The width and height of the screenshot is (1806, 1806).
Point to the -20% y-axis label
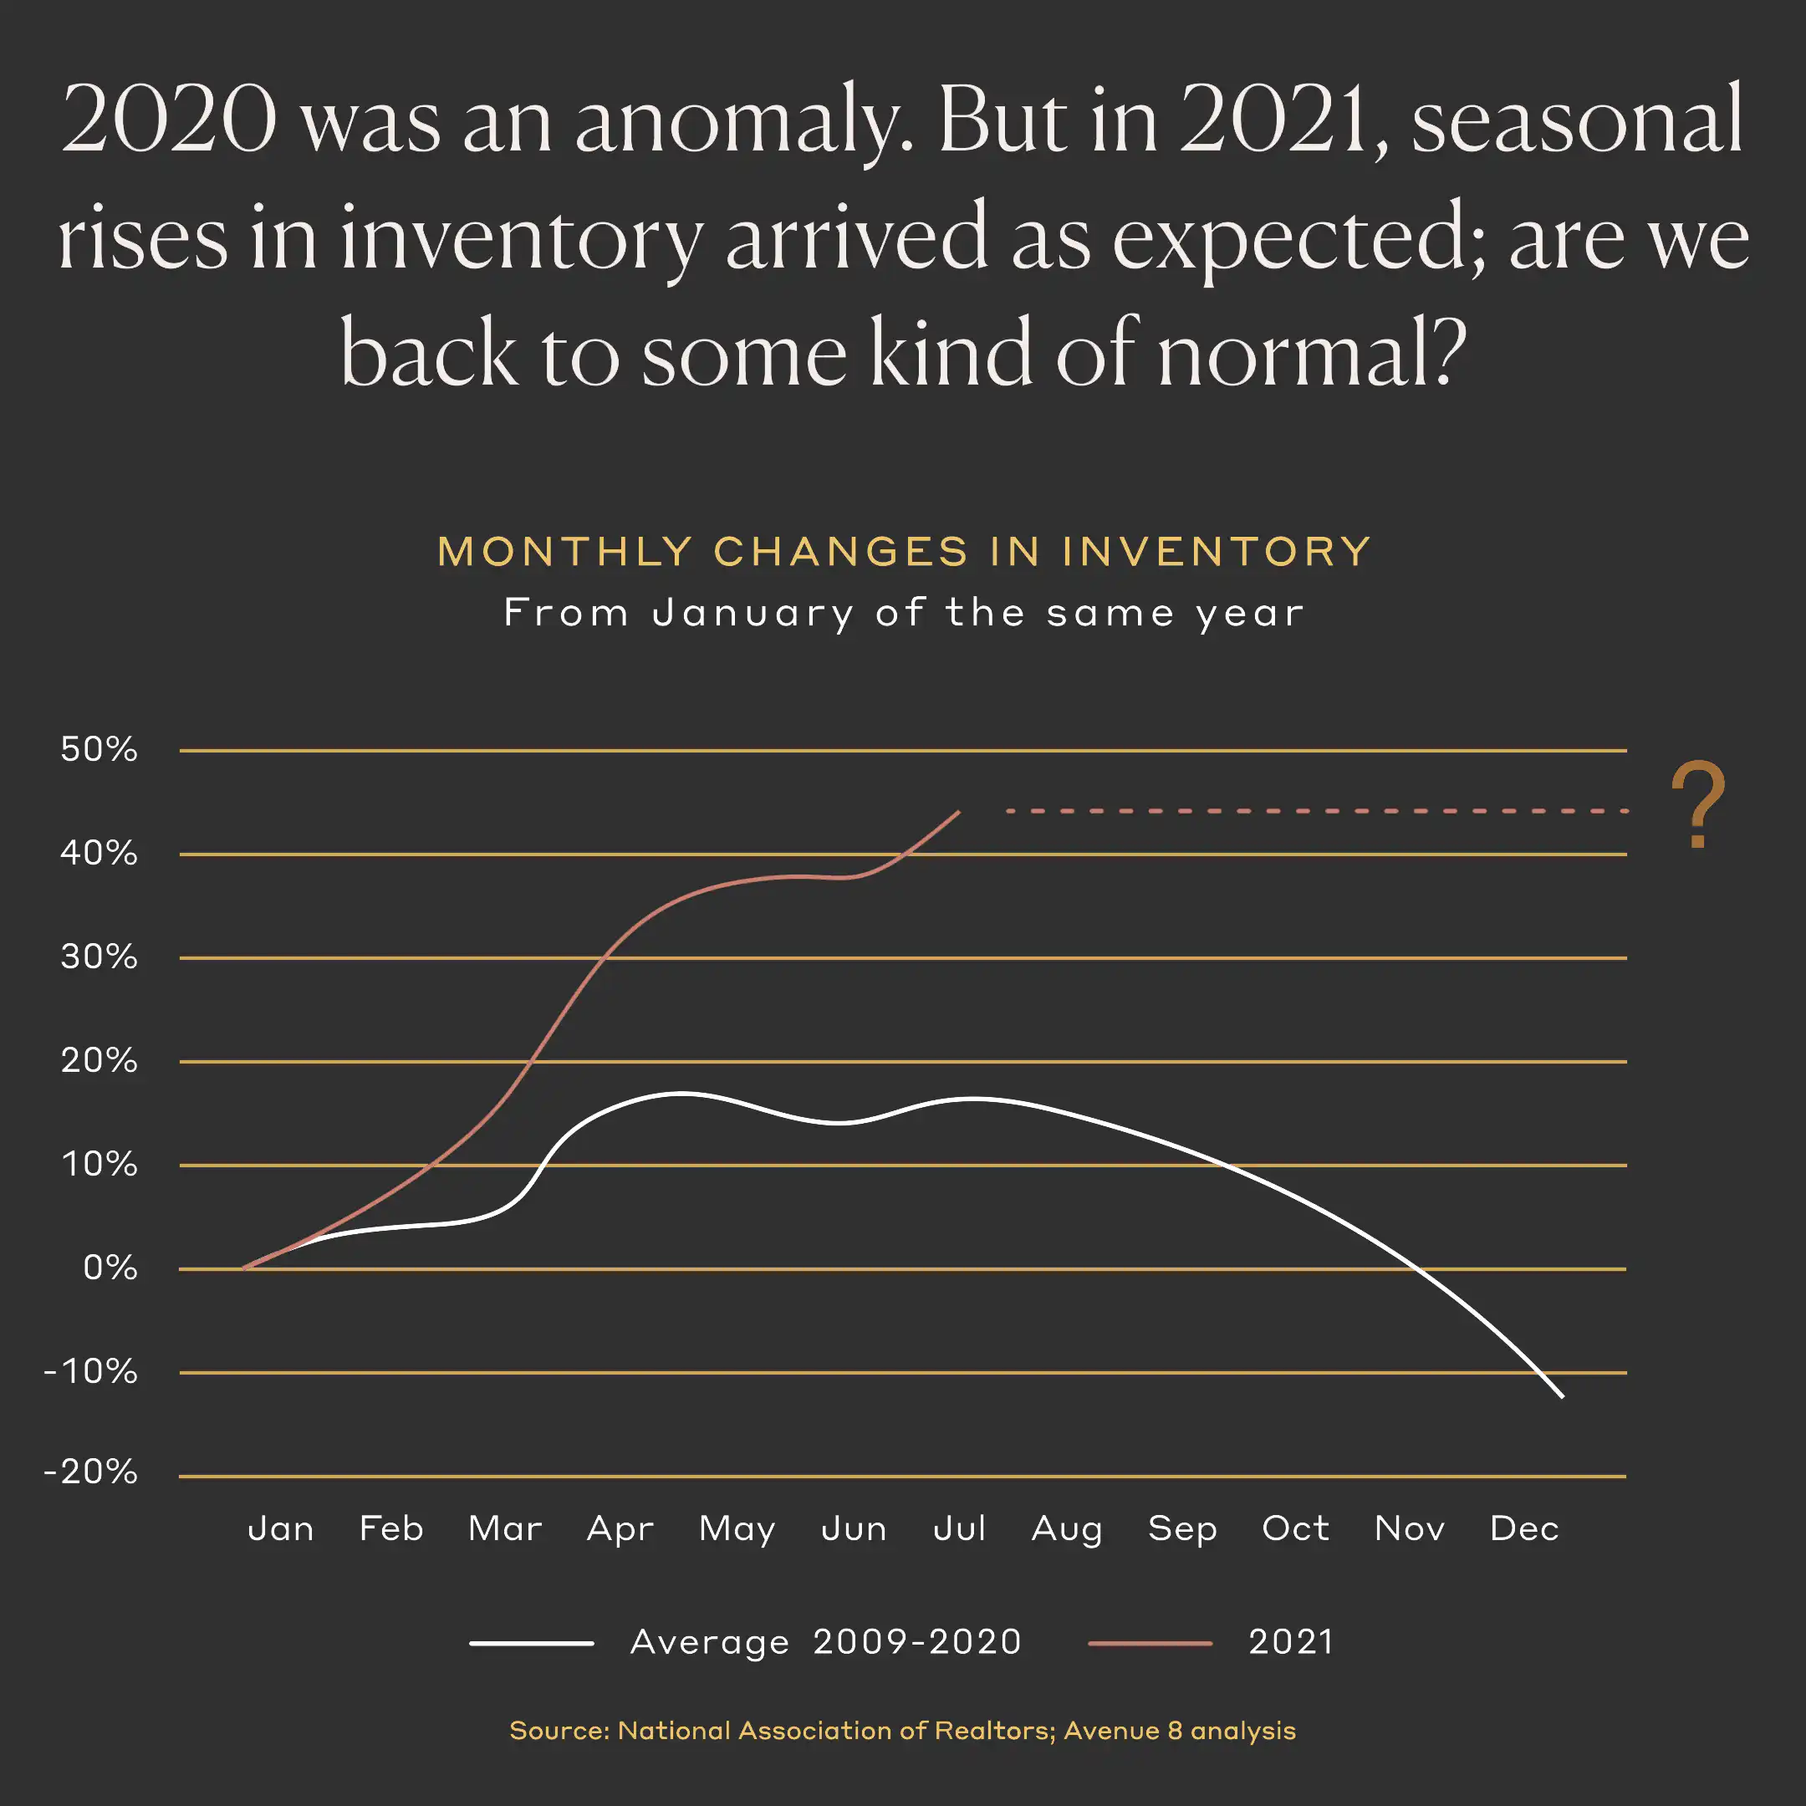[90, 1472]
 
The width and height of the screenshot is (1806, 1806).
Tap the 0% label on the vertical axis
[110, 1268]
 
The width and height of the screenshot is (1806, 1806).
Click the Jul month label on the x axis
[959, 1529]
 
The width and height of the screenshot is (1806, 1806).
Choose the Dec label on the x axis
[1523, 1529]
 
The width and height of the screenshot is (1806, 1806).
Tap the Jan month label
[280, 1529]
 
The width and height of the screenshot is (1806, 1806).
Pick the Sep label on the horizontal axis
[1182, 1529]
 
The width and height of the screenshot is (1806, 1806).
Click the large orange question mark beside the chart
[1697, 804]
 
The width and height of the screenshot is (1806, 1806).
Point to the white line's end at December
[1562, 1396]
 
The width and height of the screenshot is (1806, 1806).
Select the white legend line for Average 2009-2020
[531, 1643]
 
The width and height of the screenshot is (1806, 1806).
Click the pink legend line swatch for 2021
[1150, 1643]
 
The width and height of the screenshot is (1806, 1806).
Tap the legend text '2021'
[1291, 1642]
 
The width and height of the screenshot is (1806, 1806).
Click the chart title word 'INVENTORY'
[1217, 552]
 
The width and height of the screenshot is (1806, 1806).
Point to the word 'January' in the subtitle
[753, 615]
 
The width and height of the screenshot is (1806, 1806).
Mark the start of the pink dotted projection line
[1009, 811]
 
